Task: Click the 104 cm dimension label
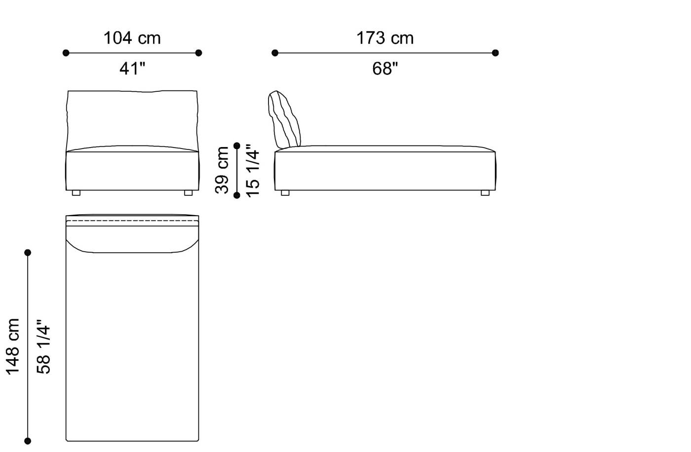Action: coord(132,38)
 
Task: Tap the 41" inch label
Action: coord(132,69)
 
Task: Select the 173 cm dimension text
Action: coord(385,38)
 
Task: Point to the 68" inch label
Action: coord(385,69)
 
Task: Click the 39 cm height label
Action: coord(222,170)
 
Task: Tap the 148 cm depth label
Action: coord(12,346)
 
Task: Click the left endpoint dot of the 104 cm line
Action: coord(66,53)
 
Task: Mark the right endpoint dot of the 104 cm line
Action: coord(199,53)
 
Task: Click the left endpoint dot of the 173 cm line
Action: coord(275,53)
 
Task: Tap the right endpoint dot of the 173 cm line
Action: coord(496,53)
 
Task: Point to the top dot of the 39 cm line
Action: coord(237,146)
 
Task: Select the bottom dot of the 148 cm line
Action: coord(28,441)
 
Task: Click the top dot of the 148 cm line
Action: coord(28,253)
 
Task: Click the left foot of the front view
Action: coord(76,193)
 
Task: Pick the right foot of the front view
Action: coord(188,193)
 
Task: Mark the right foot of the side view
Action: coord(485,193)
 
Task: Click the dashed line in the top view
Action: coord(132,221)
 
